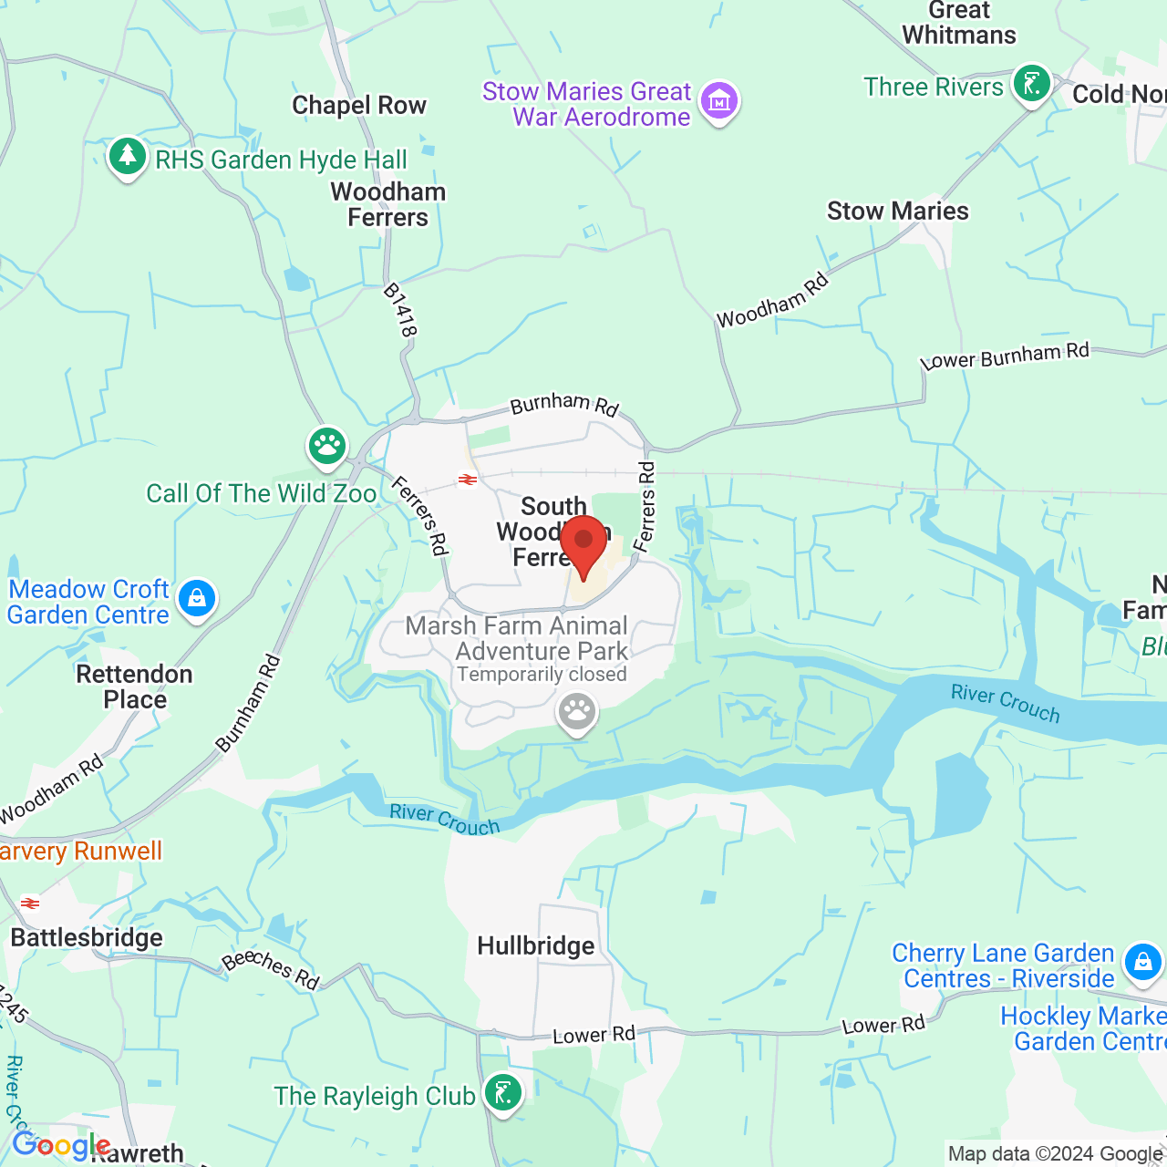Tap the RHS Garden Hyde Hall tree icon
pos(128,157)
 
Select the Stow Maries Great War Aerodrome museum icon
pos(719,101)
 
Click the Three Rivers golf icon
pos(1031,85)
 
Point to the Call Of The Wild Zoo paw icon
pos(326,446)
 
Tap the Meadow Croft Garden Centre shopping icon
pos(197,599)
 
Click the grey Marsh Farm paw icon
pos(576,712)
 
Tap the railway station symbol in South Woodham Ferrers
pos(468,480)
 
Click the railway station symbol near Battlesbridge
pos(31,904)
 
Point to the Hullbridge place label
pos(536,946)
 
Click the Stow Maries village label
pos(897,212)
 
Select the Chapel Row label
pos(359,106)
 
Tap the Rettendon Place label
pos(135,687)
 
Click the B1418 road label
pos(400,310)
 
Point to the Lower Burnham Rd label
pos(1005,356)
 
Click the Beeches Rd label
pos(270,969)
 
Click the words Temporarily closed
pos(542,675)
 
